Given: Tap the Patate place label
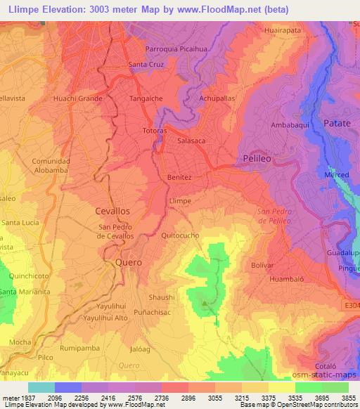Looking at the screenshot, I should pyautogui.click(x=337, y=123).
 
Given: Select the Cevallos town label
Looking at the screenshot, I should pyautogui.click(x=112, y=210).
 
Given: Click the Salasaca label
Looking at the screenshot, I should pyautogui.click(x=192, y=141).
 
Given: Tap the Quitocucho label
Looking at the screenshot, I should pyautogui.click(x=180, y=235).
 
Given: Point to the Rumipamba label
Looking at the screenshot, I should pyautogui.click(x=77, y=347).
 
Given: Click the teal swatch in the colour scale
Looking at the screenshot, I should pyautogui.click(x=41, y=387).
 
